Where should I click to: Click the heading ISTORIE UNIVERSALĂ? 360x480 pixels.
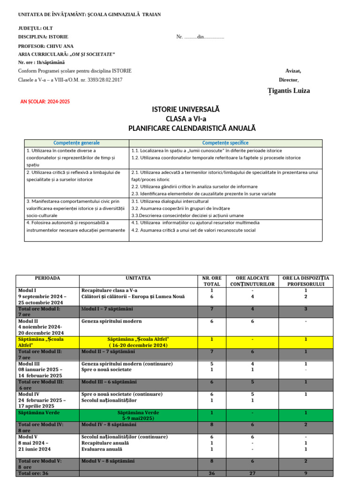coord(186,110)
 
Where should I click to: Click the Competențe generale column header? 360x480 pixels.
coord(76,142)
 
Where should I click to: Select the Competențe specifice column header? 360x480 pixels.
coord(225,142)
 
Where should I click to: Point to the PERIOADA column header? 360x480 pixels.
coord(47,278)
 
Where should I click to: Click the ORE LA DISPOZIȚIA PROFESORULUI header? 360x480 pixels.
coord(305,281)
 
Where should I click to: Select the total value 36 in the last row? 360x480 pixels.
coord(211,473)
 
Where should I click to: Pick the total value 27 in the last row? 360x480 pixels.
coord(252,473)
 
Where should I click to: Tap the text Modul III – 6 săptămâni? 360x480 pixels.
coord(109,382)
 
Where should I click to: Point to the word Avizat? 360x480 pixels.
coord(293,71)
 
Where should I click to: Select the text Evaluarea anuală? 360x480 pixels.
coord(102,449)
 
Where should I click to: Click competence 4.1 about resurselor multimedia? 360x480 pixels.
coord(195,223)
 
